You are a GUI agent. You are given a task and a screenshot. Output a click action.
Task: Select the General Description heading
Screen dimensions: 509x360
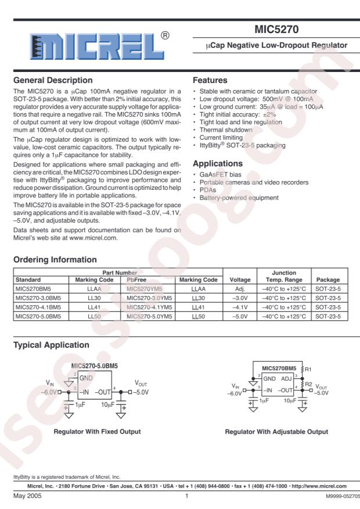pyautogui.click(x=53, y=80)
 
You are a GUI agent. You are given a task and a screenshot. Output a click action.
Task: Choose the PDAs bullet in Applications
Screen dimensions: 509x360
pyautogui.click(x=208, y=190)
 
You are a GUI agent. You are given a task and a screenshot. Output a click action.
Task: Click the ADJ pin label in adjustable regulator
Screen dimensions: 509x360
pyautogui.click(x=287, y=378)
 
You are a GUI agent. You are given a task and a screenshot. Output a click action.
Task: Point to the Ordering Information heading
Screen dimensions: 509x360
pyautogui.click(x=51, y=259)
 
